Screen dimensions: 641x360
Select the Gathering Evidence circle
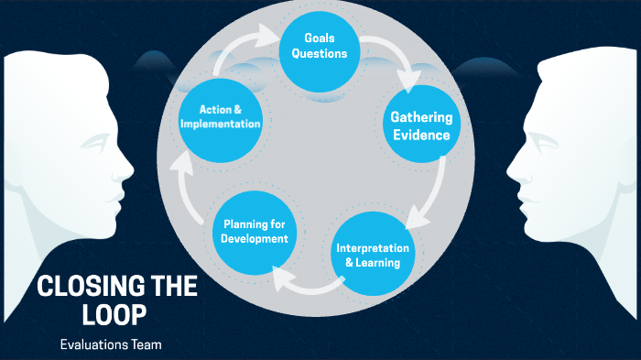420,126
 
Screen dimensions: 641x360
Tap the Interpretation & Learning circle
374,256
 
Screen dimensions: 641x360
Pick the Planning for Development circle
255,232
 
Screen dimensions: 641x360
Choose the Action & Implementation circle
222,116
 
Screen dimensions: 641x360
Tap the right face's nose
511,169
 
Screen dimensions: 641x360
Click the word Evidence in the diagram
420,136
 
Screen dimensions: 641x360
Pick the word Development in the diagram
255,239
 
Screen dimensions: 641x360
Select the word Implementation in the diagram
222,124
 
